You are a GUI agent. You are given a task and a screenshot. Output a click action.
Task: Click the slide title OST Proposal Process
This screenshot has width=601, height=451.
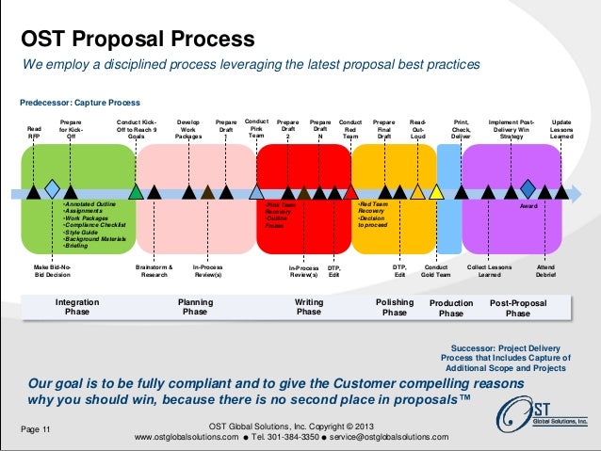pyautogui.click(x=138, y=40)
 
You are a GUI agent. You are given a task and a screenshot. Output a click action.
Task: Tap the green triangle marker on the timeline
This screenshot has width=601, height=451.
pyautogui.click(x=137, y=192)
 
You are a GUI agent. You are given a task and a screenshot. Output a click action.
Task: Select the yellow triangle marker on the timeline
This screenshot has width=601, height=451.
pyautogui.click(x=436, y=192)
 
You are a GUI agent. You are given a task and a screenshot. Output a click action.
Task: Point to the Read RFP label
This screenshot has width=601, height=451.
pyautogui.click(x=34, y=132)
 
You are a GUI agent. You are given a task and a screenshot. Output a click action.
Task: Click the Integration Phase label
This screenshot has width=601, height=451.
pyautogui.click(x=77, y=308)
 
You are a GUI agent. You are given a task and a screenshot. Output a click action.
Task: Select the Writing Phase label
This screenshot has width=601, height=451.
pyautogui.click(x=309, y=308)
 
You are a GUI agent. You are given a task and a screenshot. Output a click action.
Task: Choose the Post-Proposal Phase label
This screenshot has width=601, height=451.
pyautogui.click(x=517, y=308)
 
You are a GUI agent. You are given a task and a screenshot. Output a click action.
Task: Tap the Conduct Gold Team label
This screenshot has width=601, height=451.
pyautogui.click(x=435, y=272)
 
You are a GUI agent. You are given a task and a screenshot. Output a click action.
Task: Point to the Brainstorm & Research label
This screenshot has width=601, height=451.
pyautogui.click(x=154, y=272)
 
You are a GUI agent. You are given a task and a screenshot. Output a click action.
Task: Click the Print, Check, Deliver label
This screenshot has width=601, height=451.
pyautogui.click(x=461, y=129)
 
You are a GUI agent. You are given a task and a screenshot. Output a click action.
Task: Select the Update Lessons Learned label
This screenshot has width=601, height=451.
pyautogui.click(x=561, y=129)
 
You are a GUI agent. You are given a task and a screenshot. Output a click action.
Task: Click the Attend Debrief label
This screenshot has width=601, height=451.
pyautogui.click(x=546, y=272)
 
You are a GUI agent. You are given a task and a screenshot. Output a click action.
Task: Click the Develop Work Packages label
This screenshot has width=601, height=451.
pyautogui.click(x=188, y=129)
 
